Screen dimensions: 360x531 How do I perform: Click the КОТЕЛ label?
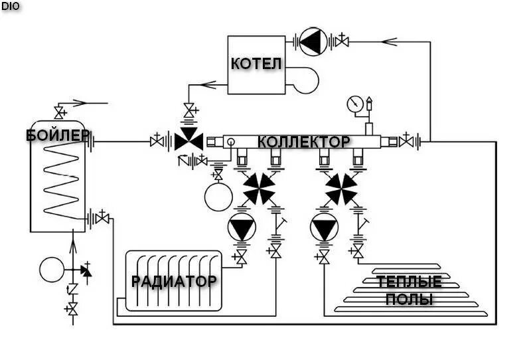pyautogui.click(x=256, y=64)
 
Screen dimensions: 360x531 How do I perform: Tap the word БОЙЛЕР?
pyautogui.click(x=58, y=135)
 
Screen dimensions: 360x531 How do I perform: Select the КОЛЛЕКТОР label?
pyautogui.click(x=303, y=142)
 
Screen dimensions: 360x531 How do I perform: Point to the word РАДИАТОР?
pyautogui.click(x=174, y=281)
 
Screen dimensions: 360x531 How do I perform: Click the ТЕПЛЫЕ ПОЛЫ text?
pyautogui.click(x=409, y=290)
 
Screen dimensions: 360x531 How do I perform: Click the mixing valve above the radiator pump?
pyautogui.click(x=258, y=188)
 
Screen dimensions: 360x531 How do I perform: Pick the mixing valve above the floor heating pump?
pyautogui.click(x=341, y=188)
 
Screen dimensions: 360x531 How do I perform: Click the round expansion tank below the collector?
pyautogui.click(x=217, y=196)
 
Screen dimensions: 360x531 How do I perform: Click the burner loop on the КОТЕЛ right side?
pyautogui.click(x=306, y=79)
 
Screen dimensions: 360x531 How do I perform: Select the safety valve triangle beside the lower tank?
pyautogui.click(x=85, y=270)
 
